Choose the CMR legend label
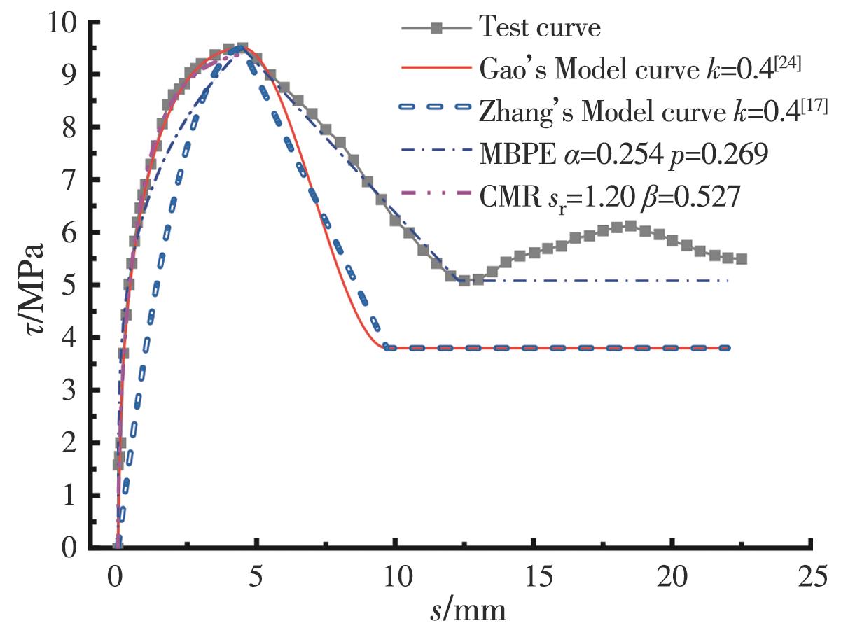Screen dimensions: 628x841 (x=609, y=196)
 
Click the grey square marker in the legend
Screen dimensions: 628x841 (x=436, y=29)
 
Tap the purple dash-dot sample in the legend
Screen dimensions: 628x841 (x=436, y=197)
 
